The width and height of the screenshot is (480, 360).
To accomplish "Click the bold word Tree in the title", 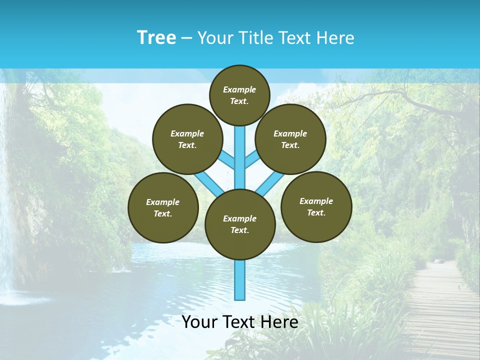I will click(156, 38).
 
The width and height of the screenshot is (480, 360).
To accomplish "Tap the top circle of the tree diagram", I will click(239, 95).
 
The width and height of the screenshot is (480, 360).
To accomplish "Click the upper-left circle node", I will click(187, 139).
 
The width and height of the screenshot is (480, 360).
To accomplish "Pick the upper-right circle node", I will click(290, 139).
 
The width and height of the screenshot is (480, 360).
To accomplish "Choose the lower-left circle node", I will click(163, 208).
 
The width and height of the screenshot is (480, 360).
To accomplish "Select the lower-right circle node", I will click(316, 207).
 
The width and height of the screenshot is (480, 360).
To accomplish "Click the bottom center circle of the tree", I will click(240, 224).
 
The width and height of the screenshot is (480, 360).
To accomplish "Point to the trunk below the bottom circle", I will click(240, 280).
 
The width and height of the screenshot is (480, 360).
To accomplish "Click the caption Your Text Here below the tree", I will click(240, 322).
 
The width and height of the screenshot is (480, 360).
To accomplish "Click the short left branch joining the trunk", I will click(227, 160).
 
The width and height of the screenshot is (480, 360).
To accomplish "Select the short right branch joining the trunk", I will click(252, 160).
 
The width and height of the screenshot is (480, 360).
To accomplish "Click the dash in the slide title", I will click(186, 38).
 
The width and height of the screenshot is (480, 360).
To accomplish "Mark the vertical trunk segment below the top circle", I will click(240, 150).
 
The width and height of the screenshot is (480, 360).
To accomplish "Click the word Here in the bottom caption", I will click(281, 322).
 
